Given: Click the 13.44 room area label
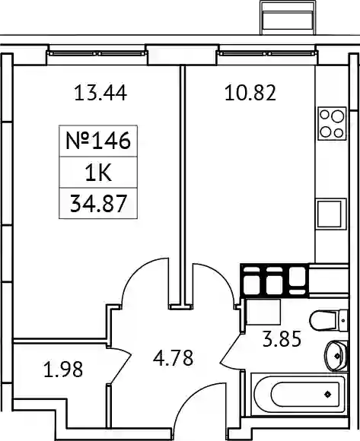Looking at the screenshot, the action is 100,93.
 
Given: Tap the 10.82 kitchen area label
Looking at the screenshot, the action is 250,93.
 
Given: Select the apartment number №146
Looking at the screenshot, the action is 98,141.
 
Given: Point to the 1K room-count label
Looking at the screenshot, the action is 98,173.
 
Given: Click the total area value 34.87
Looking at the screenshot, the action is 98,203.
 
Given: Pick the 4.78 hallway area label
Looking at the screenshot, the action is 173,357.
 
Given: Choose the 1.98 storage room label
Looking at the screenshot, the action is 63,369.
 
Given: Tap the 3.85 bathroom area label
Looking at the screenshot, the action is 282,339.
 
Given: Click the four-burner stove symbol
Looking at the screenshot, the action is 332,123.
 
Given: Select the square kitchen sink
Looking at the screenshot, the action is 331,214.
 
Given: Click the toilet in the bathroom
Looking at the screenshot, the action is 329,320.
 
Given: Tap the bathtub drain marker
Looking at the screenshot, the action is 327,395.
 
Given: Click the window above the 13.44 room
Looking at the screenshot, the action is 97,53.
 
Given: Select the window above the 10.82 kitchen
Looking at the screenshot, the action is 267,53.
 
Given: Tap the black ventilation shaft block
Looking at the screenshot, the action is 275,281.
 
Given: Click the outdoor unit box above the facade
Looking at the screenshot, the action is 288,17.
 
